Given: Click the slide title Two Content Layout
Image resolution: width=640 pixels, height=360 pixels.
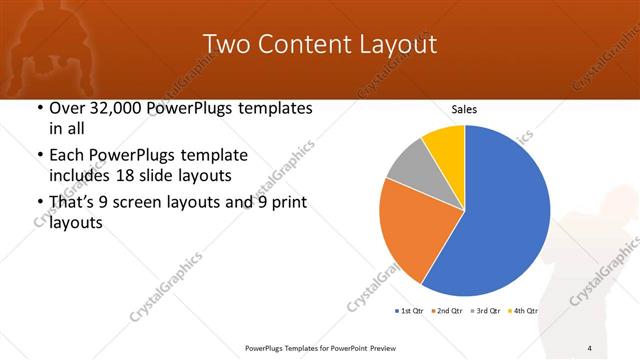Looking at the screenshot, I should point(320,44).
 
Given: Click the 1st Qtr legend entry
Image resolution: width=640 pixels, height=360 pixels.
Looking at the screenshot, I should point(408,311).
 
